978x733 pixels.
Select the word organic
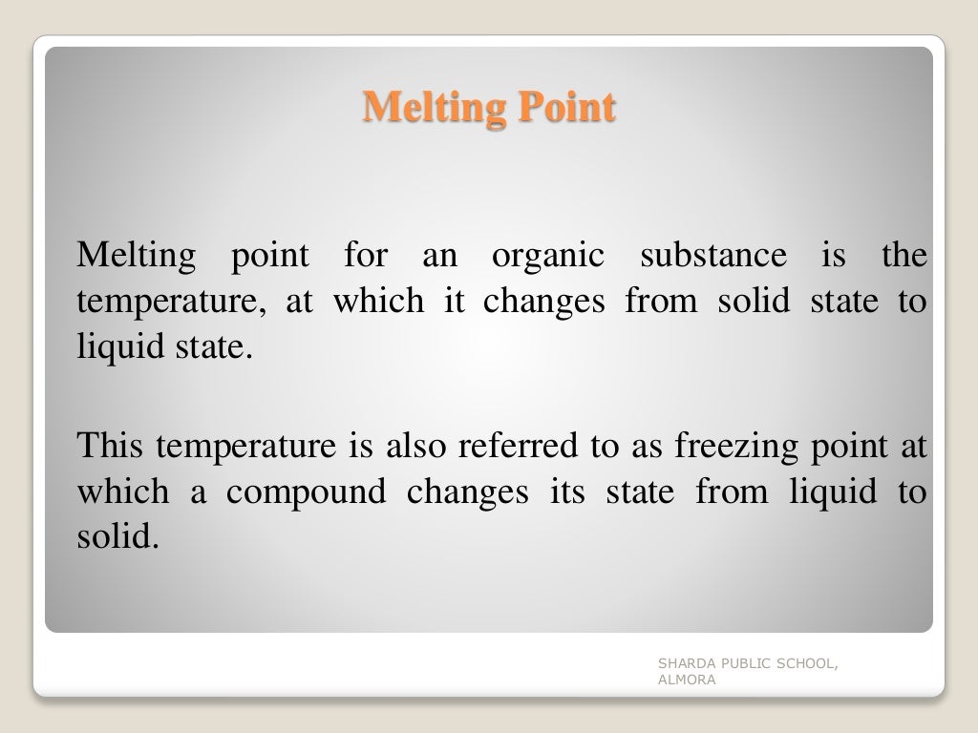point(548,256)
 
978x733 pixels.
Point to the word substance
point(713,256)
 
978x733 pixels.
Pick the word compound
point(307,492)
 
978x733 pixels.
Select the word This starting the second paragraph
point(111,445)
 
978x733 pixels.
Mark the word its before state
point(572,492)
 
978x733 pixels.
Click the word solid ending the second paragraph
point(114,538)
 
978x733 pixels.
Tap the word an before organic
point(440,256)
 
